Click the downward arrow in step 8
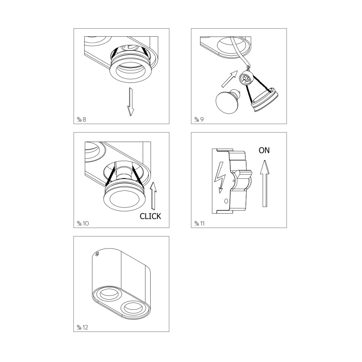pos(131,102)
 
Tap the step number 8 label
pos(84,119)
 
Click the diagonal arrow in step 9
pos(230,79)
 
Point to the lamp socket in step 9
pos(246,79)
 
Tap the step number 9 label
pos(202,119)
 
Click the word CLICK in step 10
pos(150,216)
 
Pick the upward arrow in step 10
pos(153,196)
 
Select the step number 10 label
pos(86,223)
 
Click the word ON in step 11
pos(264,150)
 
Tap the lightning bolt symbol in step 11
pos(220,177)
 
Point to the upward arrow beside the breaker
pos(265,183)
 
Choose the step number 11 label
pos(202,223)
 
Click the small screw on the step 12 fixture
pos(97,254)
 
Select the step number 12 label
pos(85,327)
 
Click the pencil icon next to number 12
pos(79,327)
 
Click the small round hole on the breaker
pos(226,201)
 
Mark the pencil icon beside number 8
pos(79,119)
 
